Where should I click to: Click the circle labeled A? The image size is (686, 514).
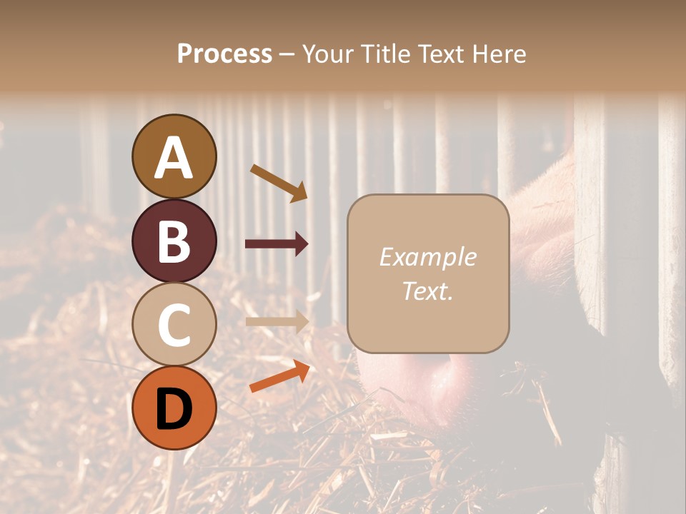(x=174, y=156)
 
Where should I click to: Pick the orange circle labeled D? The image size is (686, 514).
(x=174, y=408)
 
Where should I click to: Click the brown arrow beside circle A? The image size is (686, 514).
(x=279, y=183)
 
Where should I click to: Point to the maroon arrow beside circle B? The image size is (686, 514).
(x=277, y=244)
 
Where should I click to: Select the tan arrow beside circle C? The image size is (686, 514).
(x=277, y=322)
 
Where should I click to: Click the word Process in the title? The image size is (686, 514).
(x=224, y=54)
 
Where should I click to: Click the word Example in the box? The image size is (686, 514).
(x=427, y=257)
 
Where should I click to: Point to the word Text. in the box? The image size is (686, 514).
(x=427, y=291)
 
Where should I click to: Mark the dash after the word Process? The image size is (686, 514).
(x=287, y=55)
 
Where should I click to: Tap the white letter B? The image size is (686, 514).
(x=174, y=241)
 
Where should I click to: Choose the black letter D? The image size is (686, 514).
(x=174, y=409)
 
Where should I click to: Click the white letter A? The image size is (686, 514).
(x=174, y=157)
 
